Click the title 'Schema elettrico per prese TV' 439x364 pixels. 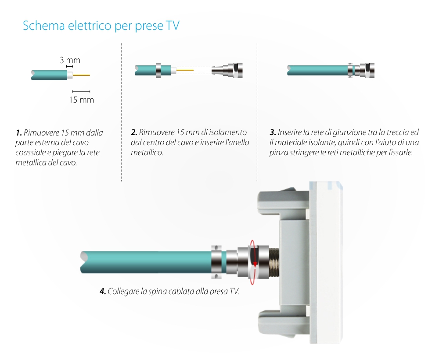(101, 25)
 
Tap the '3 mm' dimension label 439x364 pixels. (70, 60)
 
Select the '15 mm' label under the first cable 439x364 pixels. (81, 100)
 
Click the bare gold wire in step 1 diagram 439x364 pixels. (82, 75)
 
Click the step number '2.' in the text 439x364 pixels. (134, 132)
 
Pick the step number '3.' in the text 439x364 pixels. (273, 132)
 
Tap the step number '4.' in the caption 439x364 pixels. (103, 291)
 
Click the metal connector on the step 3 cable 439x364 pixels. (363, 70)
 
